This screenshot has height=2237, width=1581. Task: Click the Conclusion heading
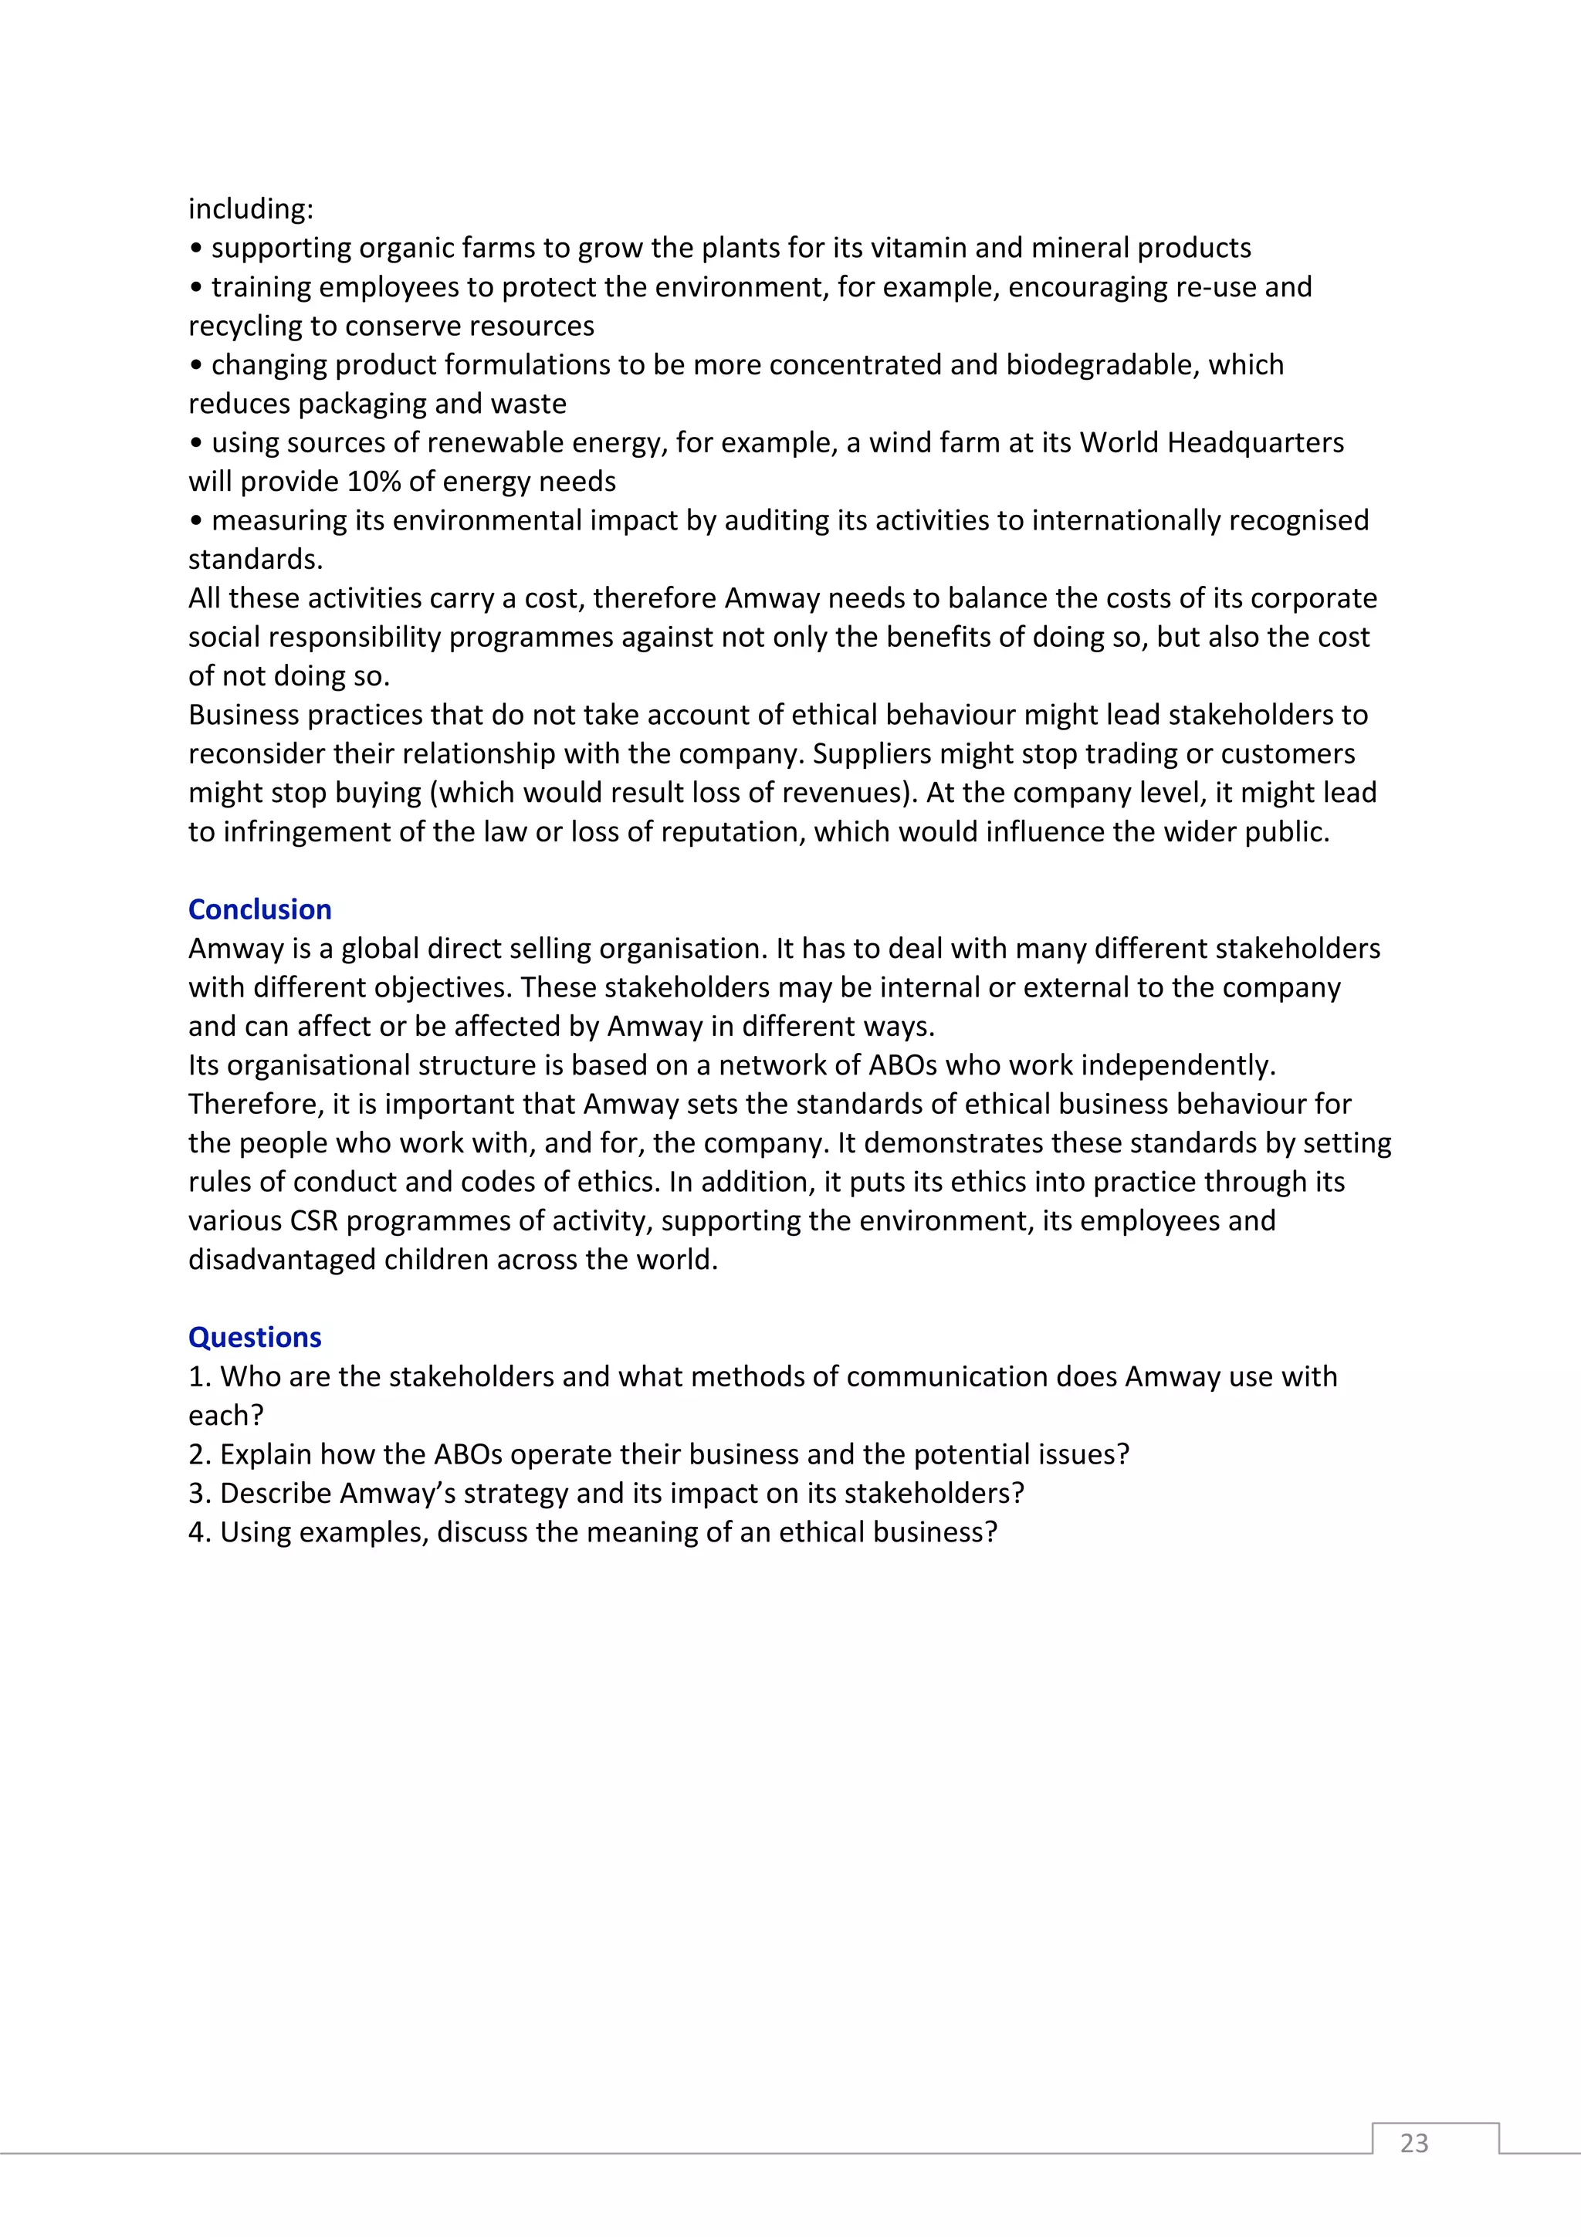[x=259, y=909]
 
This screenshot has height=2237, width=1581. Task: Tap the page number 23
[x=1413, y=2143]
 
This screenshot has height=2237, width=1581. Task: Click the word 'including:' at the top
[x=250, y=208]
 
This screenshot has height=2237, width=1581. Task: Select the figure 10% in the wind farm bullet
[x=374, y=482]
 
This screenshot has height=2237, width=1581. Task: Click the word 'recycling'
[x=245, y=326]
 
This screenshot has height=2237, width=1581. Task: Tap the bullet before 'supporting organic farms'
[x=196, y=249]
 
